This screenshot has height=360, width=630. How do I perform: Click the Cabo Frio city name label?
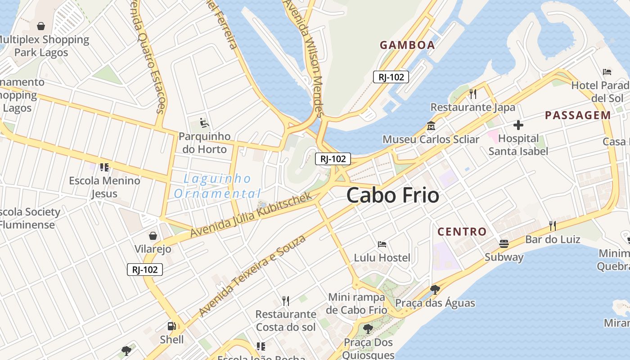click(x=392, y=195)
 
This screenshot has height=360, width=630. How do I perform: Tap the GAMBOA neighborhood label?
click(x=407, y=45)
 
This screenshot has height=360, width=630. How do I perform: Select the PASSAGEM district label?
click(x=578, y=115)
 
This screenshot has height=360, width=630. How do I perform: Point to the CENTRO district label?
click(x=462, y=232)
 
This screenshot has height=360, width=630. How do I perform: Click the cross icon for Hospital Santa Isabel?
click(x=518, y=125)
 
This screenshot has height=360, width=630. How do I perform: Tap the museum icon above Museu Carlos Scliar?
click(x=431, y=126)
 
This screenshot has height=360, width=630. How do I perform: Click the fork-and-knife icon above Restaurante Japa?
click(x=472, y=94)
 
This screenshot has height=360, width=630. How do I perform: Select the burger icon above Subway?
click(x=504, y=244)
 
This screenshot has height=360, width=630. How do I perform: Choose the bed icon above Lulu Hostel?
click(x=382, y=244)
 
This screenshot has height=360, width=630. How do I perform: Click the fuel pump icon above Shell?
click(x=171, y=326)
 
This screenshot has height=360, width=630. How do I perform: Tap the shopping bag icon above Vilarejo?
click(x=153, y=235)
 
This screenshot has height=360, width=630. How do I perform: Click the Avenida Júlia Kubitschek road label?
click(x=251, y=215)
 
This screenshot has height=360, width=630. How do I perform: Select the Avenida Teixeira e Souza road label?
click(x=252, y=275)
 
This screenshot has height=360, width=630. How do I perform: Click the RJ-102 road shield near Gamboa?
click(x=391, y=77)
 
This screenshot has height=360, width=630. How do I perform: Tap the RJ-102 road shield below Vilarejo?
click(x=144, y=270)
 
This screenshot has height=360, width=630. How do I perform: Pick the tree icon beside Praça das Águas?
click(x=435, y=289)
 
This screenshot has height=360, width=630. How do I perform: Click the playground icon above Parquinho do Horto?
click(x=204, y=122)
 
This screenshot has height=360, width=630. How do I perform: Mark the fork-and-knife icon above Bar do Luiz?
click(x=553, y=225)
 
